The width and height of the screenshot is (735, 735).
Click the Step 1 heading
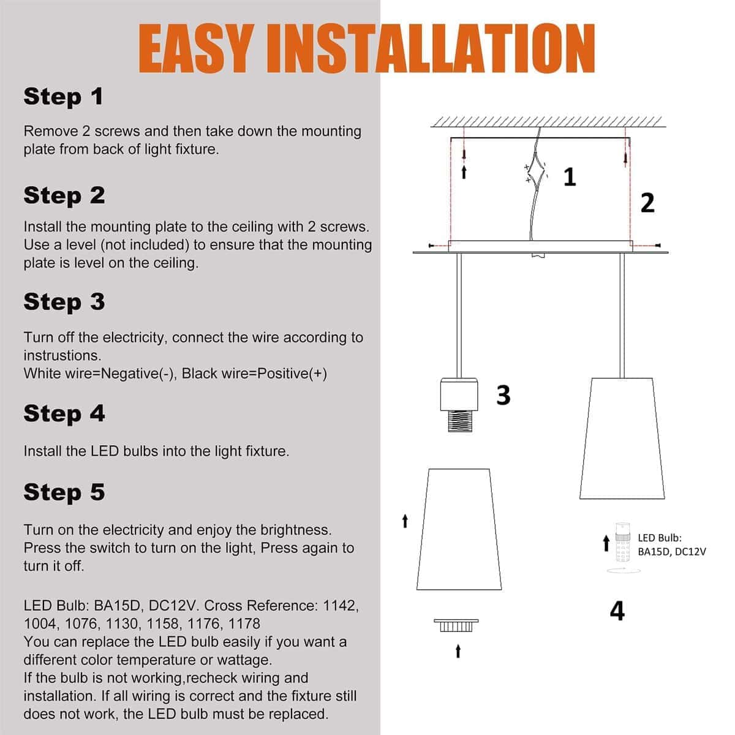63,97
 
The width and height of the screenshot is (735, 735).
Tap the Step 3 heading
64,302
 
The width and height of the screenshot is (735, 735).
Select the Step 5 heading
64,492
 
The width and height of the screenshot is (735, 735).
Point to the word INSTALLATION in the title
431,48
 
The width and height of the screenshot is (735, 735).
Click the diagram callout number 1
570,177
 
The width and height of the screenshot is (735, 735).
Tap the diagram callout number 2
647,203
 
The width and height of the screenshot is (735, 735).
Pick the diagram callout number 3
503,395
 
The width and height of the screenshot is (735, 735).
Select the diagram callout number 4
617,611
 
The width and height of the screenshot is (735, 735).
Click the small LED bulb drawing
623,543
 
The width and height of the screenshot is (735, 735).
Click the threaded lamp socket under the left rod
459,405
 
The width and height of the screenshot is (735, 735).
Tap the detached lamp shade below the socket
459,529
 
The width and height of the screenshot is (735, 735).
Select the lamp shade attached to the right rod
622,439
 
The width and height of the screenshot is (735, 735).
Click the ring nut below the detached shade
456,625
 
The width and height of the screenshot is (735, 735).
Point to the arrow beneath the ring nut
458,652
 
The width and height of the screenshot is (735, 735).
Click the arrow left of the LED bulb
606,543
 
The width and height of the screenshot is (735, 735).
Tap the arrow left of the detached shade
405,521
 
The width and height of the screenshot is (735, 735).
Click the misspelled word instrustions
62,355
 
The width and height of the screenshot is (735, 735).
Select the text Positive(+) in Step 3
292,374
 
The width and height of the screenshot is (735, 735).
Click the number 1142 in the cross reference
341,605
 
